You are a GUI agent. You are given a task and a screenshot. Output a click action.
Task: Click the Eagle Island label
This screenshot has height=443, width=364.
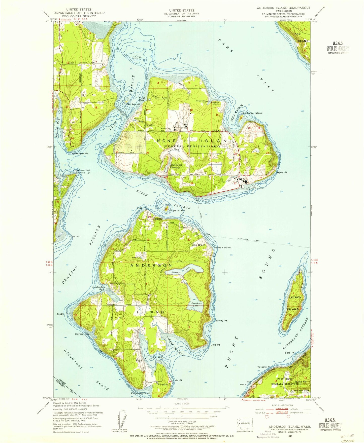[177, 210]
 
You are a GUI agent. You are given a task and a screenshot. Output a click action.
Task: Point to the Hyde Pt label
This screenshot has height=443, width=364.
[282, 172]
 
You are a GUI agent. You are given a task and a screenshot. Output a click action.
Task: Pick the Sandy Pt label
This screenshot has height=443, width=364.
[221, 321]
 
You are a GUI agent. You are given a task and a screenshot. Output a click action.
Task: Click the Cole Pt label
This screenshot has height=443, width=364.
[215, 345]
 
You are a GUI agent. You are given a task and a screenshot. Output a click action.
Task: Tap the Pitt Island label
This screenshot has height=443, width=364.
[133, 104]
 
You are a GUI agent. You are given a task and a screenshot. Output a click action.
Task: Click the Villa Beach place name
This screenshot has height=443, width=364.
[198, 245]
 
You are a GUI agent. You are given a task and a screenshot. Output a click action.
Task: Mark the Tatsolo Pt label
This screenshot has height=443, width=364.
[264, 367]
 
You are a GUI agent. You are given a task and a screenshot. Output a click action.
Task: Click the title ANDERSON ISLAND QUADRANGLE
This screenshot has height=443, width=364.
[283, 8]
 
